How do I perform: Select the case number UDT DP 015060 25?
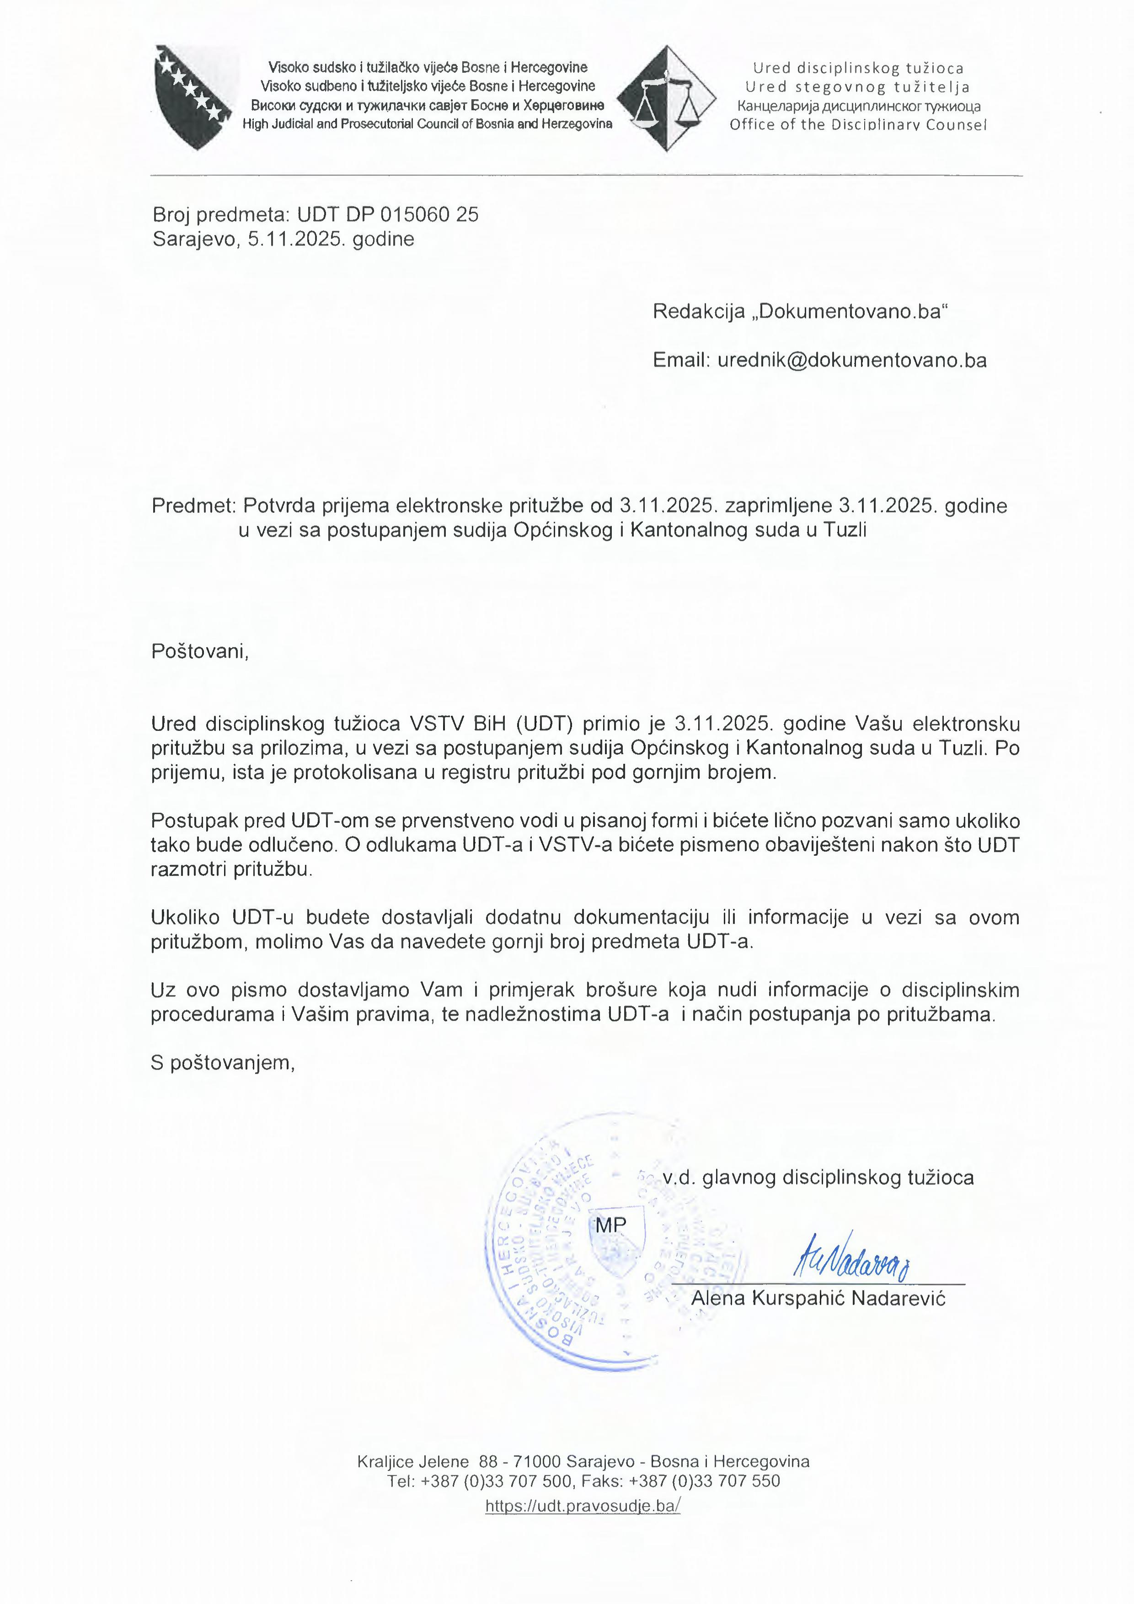(388, 214)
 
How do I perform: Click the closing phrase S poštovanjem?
(223, 1063)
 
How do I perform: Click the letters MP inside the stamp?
(611, 1224)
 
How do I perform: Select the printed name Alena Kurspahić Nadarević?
(818, 1299)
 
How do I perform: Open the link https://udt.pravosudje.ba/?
(583, 1506)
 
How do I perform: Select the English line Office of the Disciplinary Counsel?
(858, 125)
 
